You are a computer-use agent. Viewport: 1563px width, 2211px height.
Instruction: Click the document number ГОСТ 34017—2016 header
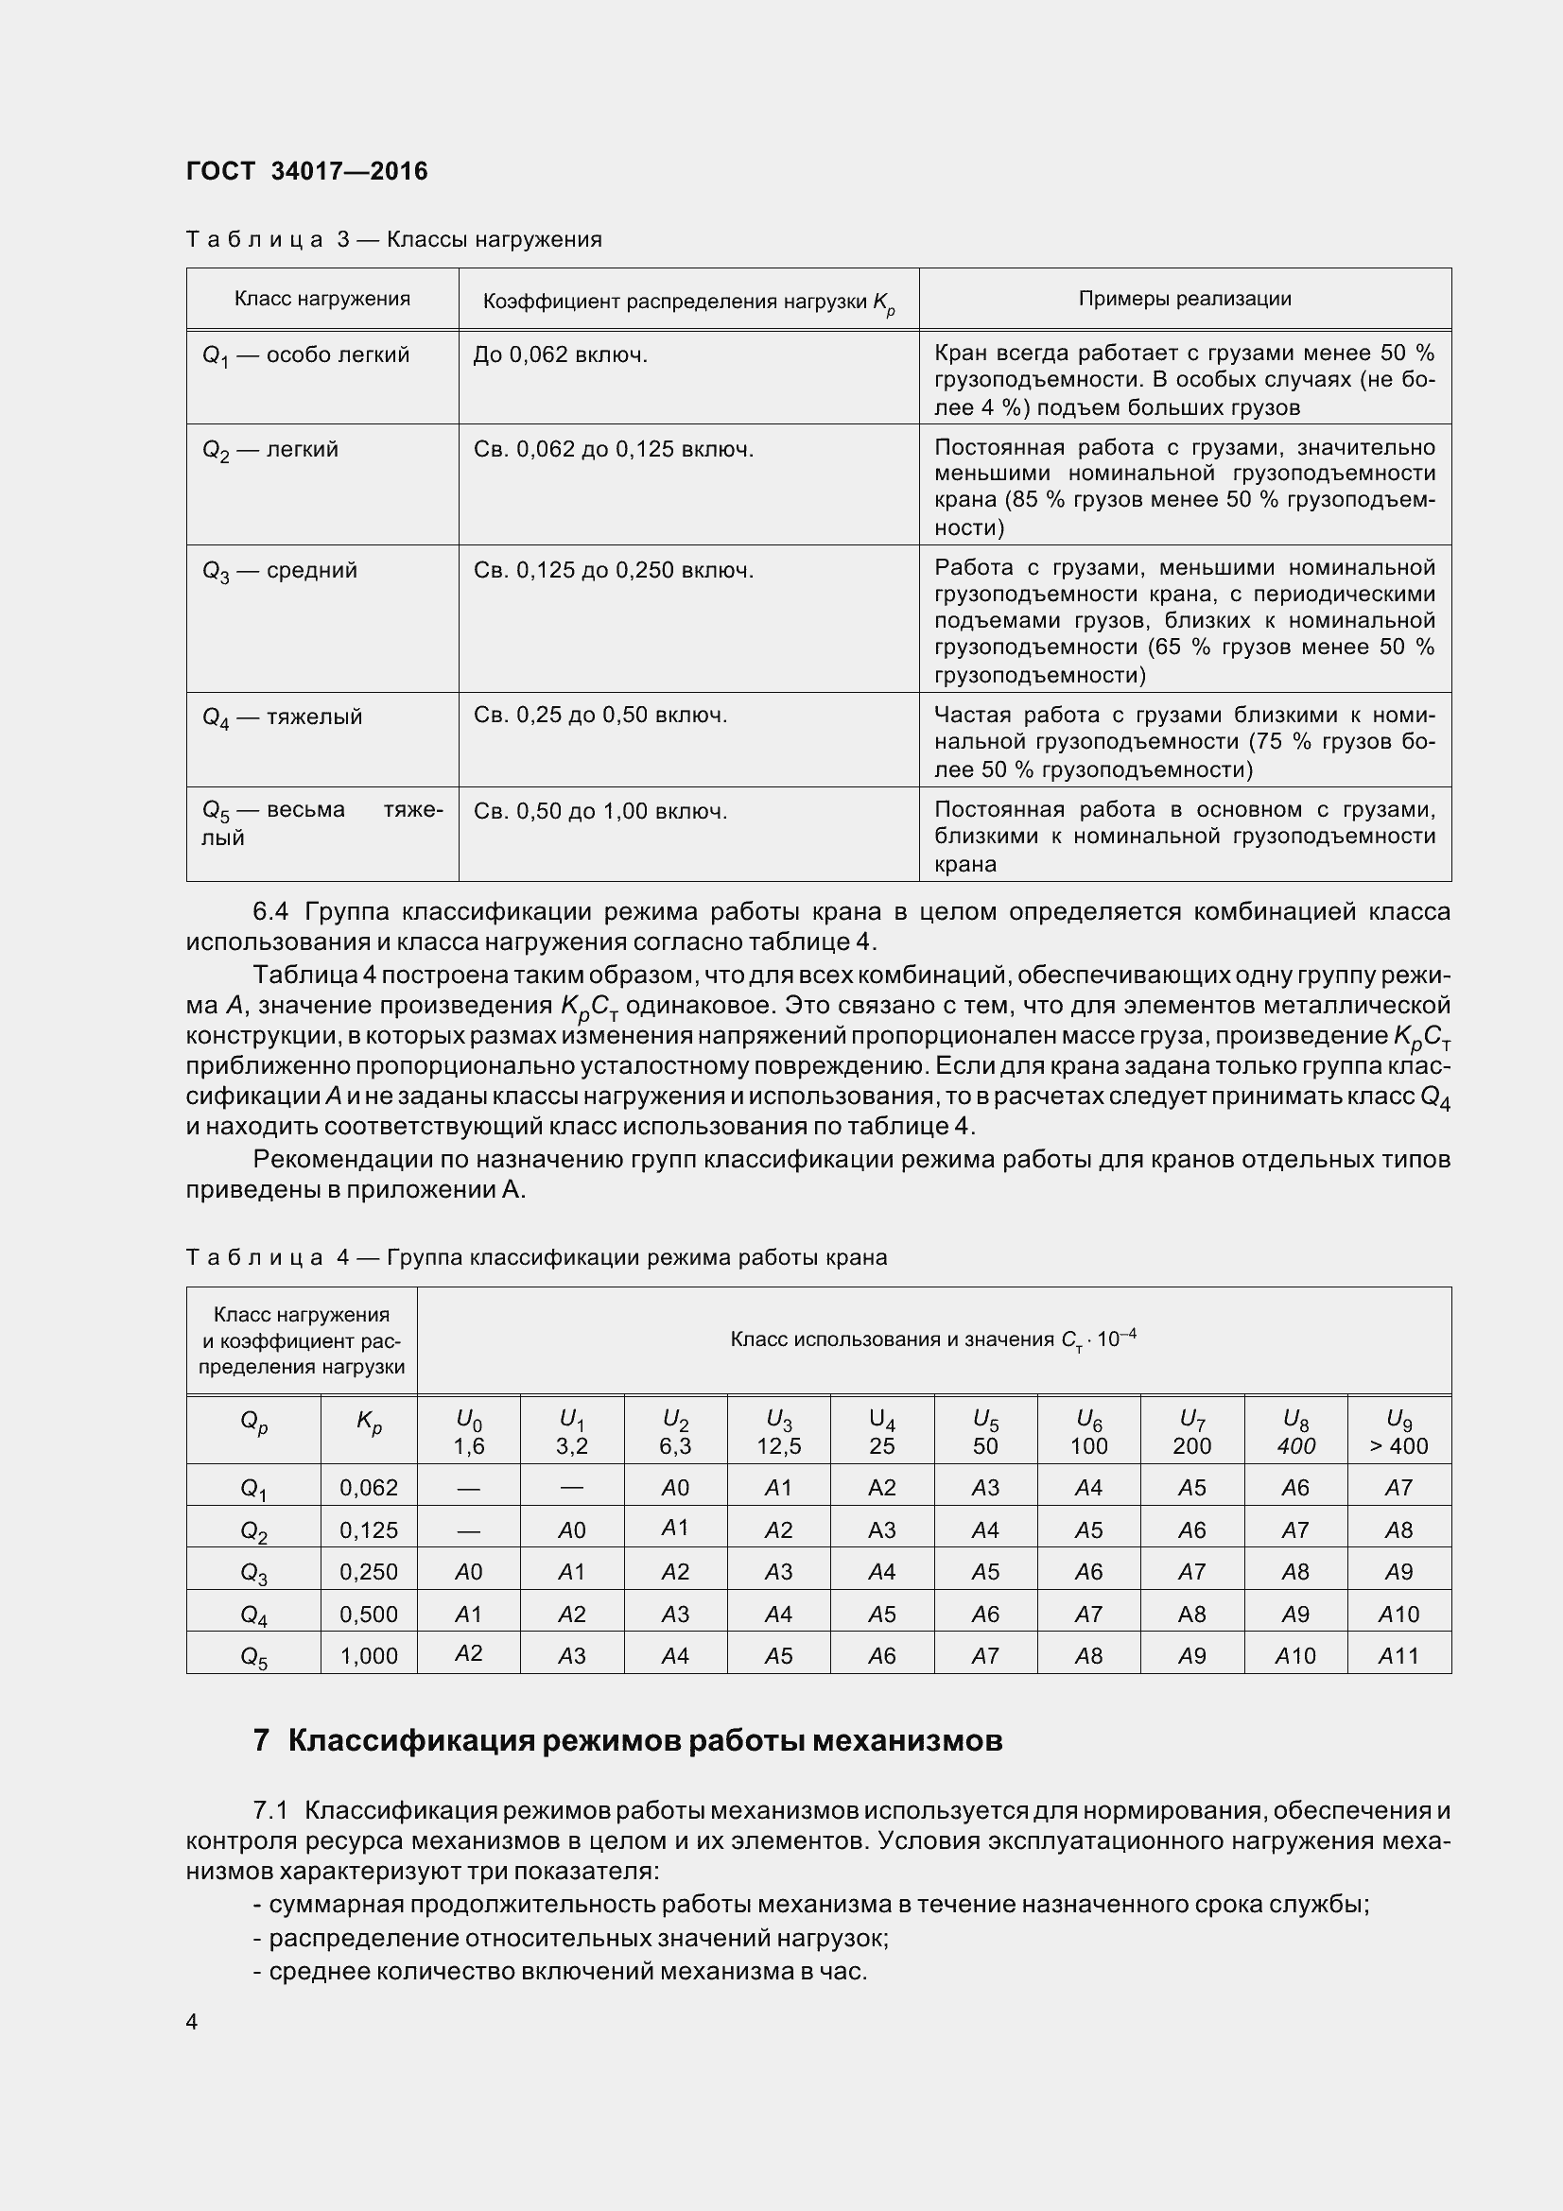(307, 171)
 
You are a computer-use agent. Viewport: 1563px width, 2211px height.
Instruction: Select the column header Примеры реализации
(1185, 299)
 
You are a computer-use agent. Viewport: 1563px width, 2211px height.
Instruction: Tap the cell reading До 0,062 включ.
(561, 355)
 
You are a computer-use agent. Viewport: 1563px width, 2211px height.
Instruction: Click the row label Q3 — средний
(279, 570)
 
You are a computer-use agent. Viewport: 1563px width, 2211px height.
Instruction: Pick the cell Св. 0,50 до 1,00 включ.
(600, 811)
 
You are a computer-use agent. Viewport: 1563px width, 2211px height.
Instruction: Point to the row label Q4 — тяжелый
(282, 717)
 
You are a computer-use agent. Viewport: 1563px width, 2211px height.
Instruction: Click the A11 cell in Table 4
(1398, 1654)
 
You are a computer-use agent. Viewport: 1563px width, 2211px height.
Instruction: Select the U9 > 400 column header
(1398, 1432)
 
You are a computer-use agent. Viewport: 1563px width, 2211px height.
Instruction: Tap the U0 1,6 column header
(469, 1432)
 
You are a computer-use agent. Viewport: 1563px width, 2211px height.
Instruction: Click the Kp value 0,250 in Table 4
(369, 1571)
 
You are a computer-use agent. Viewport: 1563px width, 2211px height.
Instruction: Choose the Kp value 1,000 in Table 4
(369, 1654)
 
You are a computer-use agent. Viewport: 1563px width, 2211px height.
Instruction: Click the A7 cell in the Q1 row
(1398, 1488)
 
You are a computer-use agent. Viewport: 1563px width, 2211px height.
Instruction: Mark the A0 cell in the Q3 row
(469, 1571)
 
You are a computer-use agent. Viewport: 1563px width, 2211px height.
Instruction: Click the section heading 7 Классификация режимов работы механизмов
(627, 1741)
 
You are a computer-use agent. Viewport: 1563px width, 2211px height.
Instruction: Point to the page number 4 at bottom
(192, 2020)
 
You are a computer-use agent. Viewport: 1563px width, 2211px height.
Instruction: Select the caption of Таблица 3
(394, 240)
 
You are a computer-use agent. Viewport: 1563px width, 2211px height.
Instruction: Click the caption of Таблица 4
(535, 1257)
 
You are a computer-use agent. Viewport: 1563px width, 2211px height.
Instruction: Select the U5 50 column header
(985, 1432)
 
